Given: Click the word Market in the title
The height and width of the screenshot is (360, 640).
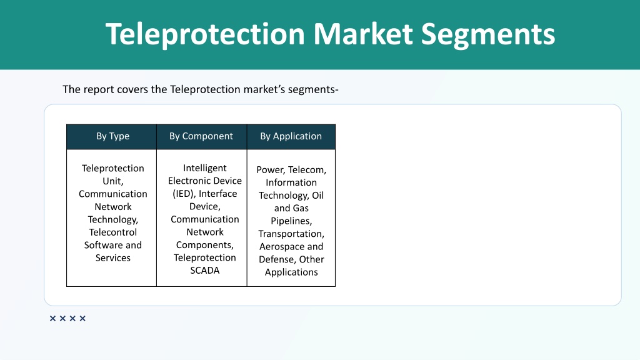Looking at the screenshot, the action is pos(363,34).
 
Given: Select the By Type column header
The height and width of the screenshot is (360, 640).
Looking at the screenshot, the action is pos(112,136).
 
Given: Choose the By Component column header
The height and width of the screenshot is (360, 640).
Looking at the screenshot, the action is pos(201,136).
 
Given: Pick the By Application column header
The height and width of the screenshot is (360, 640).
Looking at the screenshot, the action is pos(291,136).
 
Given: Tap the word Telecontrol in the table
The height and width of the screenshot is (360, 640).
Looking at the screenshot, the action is pos(113,232).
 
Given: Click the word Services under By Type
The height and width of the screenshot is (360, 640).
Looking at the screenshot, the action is pos(113,258).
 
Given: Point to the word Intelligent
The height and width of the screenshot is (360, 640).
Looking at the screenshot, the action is pos(205,168).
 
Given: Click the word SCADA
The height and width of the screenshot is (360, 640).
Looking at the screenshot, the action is pos(205,271).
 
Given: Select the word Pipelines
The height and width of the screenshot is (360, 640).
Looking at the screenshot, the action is pos(291,221).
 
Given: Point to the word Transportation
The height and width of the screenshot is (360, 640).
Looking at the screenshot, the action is pos(291,234).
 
